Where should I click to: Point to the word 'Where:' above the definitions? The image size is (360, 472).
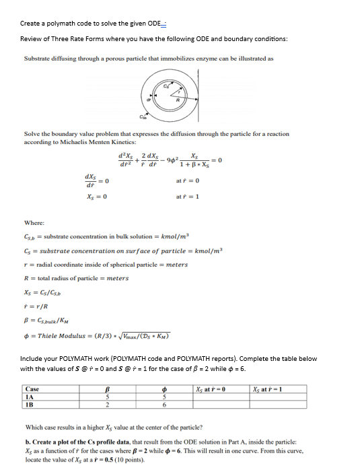tap(33, 222)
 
